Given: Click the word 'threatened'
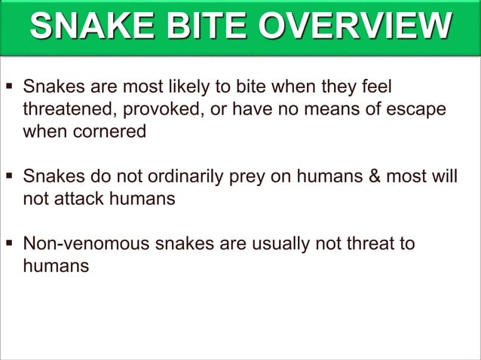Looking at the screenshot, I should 68,109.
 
